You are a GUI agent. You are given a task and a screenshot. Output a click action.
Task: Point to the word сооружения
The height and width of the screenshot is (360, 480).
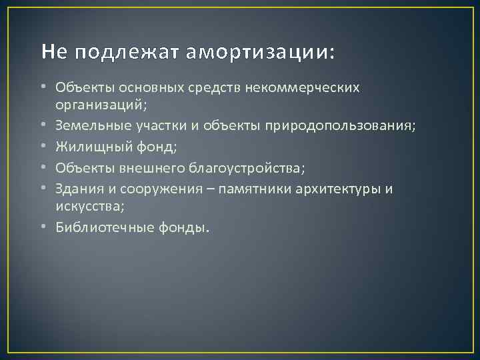pyautogui.click(x=149, y=189)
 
